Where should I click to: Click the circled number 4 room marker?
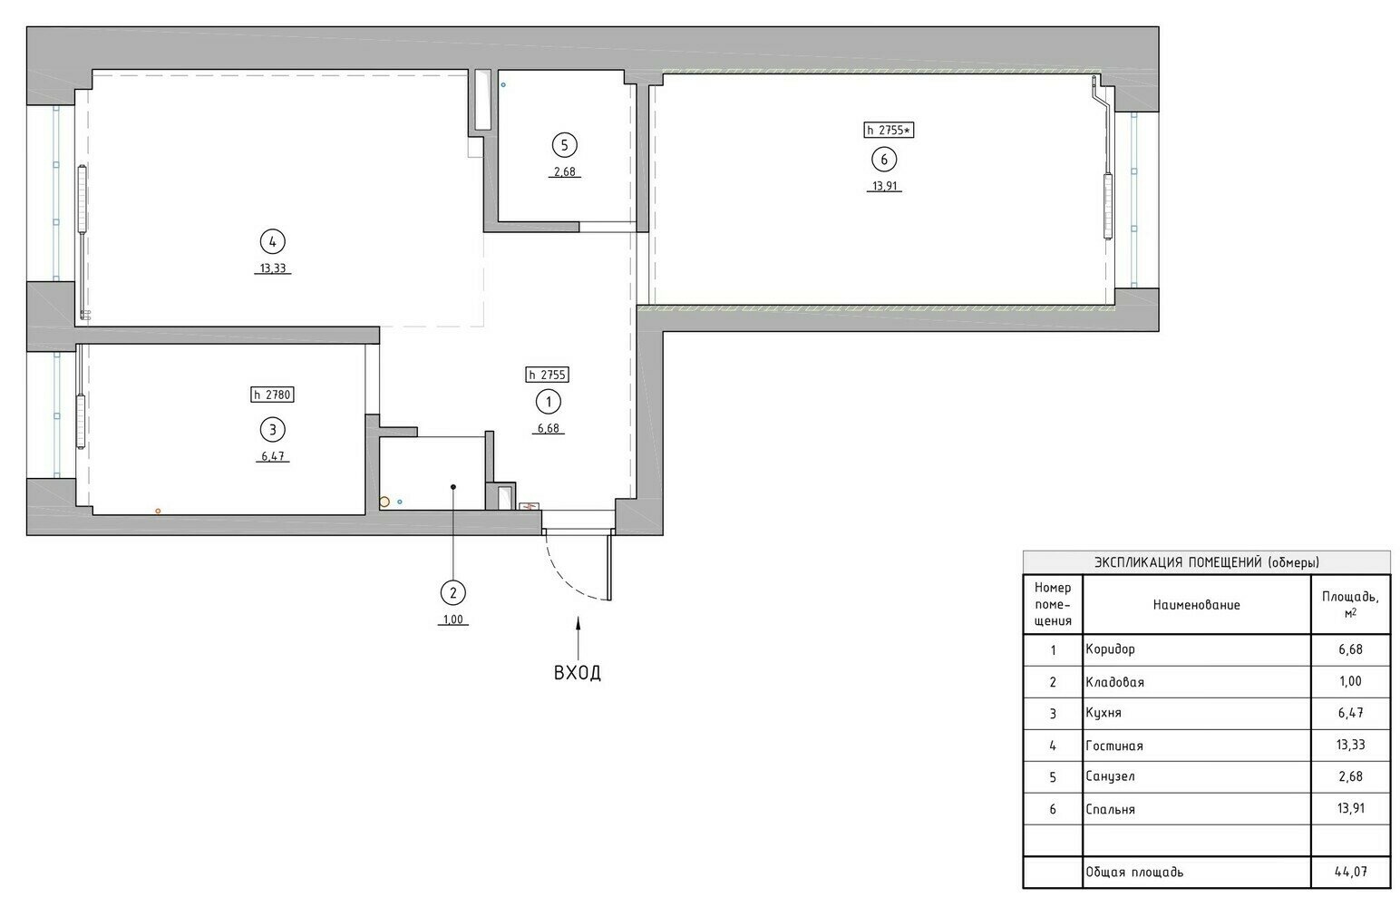273,241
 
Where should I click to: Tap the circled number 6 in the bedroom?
884,160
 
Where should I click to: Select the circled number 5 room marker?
564,145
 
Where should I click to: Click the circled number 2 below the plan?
453,592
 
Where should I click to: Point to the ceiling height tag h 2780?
273,395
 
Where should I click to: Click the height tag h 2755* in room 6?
890,130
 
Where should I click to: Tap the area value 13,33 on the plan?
273,268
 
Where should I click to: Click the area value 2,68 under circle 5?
564,172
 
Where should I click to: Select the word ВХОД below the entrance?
578,673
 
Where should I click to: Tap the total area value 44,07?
1351,872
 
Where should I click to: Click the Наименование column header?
1196,604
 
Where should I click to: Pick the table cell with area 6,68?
1351,649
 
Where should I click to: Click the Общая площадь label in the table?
1134,872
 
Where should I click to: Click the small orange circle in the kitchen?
158,512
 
